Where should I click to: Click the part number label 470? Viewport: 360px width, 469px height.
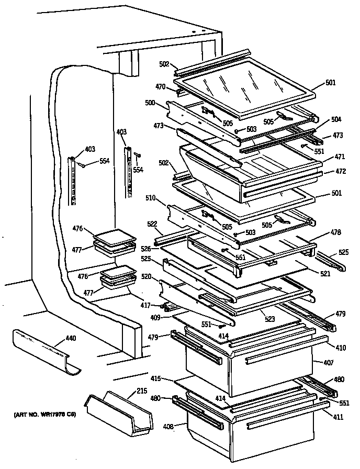pyautogui.click(x=160, y=87)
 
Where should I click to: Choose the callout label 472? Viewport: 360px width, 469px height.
pyautogui.click(x=340, y=171)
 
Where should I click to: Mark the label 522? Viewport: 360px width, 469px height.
pyautogui.click(x=152, y=224)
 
